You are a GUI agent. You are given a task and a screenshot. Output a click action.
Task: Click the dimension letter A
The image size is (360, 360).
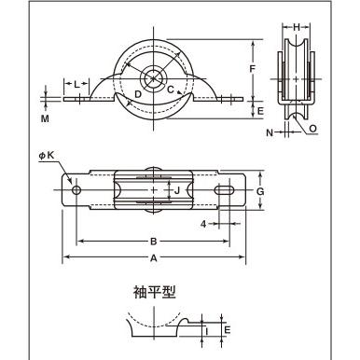tap(154, 258)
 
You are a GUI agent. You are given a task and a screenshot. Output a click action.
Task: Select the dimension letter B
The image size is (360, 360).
tap(154, 241)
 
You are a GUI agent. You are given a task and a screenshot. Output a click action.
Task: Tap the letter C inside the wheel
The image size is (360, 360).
tap(171, 90)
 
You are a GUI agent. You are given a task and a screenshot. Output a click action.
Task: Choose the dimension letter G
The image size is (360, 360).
tap(261, 190)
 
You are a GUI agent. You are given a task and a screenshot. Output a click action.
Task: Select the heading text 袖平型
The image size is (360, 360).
tap(152, 291)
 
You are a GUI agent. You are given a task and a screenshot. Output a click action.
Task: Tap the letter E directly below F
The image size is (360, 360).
tap(260, 110)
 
